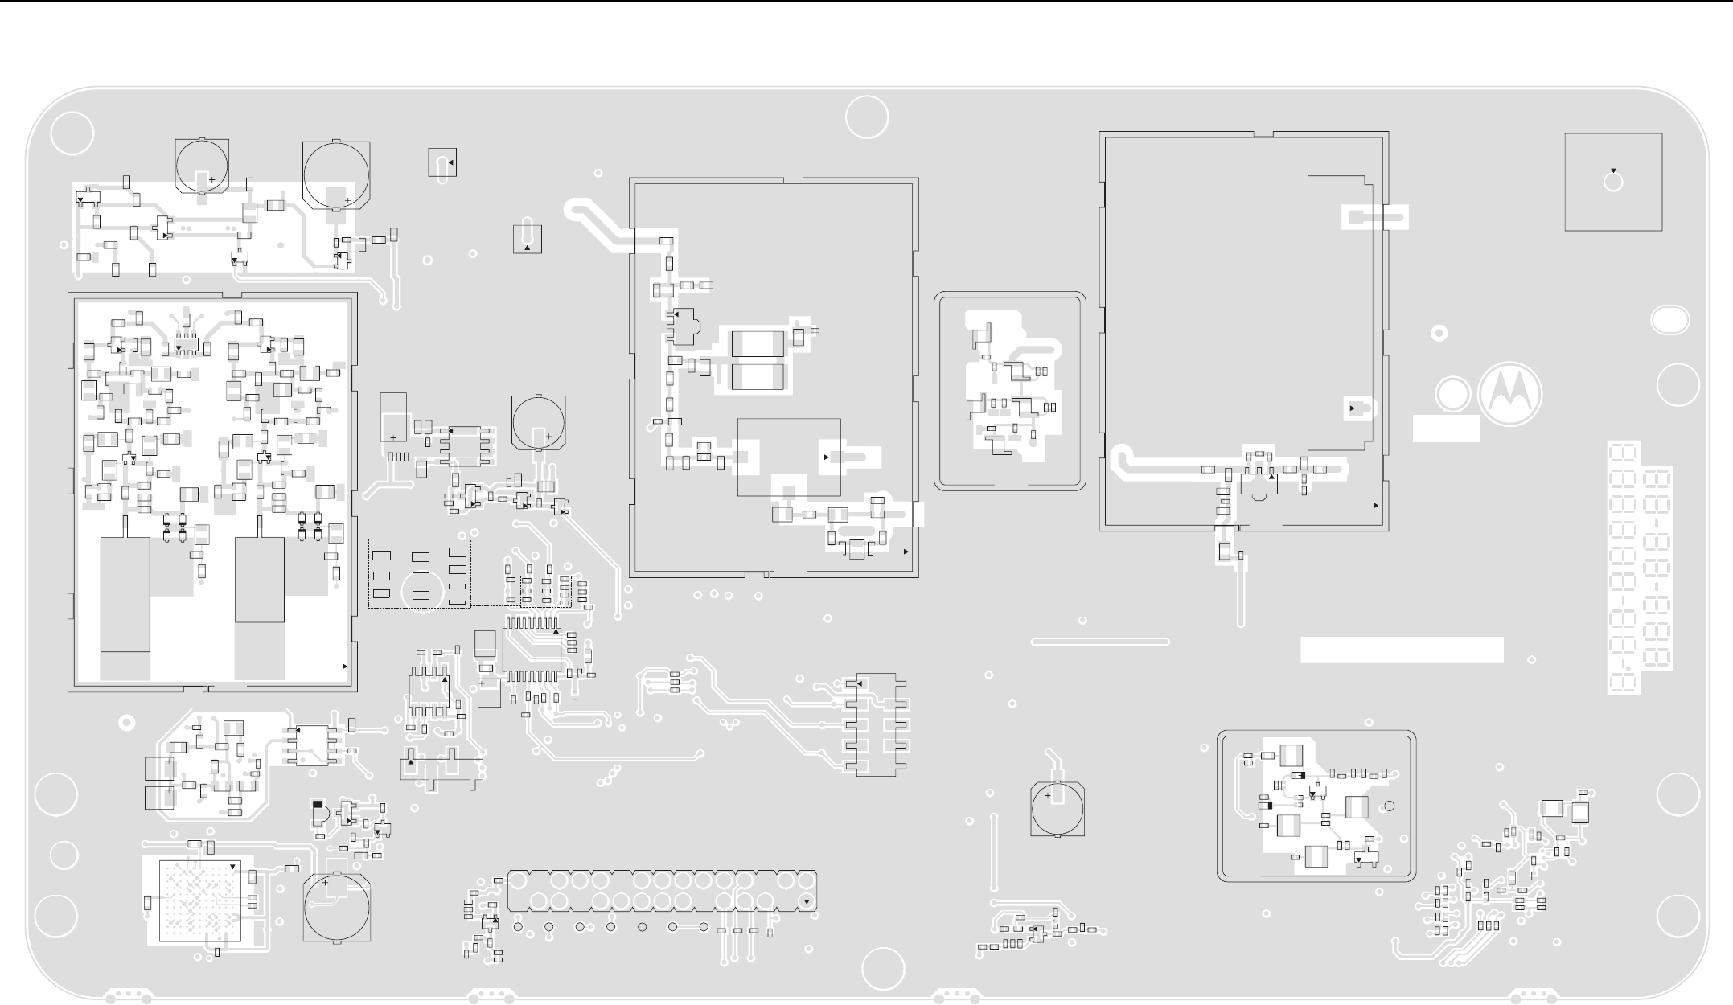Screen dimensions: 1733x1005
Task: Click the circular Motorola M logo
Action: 1509,395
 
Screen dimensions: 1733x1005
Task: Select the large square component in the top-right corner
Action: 1613,182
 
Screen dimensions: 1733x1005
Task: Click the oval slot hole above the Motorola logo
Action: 1669,320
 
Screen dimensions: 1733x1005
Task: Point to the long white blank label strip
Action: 1402,650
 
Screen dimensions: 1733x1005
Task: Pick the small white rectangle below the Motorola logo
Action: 1446,428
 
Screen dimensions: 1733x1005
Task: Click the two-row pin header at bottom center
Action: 662,891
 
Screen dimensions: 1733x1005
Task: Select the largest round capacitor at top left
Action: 336,174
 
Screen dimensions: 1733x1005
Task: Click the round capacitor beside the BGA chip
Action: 337,907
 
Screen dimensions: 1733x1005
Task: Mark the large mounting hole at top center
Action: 867,117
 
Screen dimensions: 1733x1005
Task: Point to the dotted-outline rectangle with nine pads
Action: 419,573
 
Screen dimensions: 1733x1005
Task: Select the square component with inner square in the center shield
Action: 789,457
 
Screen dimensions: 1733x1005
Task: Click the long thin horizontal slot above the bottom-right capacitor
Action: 1099,642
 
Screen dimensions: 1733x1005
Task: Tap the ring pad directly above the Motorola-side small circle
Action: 1439,333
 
